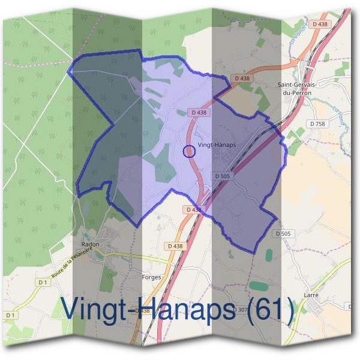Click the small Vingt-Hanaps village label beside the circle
[x=217, y=145]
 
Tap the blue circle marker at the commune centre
[x=188, y=151]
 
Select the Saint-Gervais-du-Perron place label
[x=297, y=88]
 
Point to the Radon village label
[x=89, y=245]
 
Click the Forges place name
[x=151, y=277]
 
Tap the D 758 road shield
[x=317, y=124]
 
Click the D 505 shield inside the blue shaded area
[x=222, y=176]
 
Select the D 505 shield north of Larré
[x=282, y=233]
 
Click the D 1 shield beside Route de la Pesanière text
[x=42, y=282]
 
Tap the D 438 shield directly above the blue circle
[x=198, y=112]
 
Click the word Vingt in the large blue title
[x=90, y=309]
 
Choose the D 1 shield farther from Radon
[x=11, y=315]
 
